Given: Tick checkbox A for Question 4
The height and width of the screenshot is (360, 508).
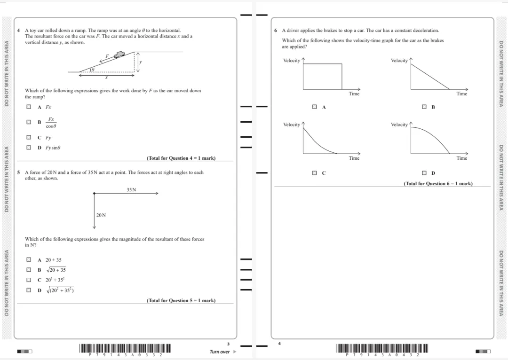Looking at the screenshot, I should tap(29, 107).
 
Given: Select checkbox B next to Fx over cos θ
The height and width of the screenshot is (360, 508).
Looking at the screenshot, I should tap(29, 122).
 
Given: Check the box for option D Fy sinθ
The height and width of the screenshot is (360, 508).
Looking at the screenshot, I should tap(29, 148).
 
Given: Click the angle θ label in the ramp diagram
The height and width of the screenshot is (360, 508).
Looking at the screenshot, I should tap(93, 69).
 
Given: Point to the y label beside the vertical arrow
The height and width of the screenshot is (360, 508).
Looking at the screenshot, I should tap(140, 62).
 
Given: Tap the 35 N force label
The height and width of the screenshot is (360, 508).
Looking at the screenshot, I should tap(131, 189).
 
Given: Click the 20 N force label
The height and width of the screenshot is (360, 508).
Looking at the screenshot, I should tap(101, 215).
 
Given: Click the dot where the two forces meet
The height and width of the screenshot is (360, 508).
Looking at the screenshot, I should tap(94, 193).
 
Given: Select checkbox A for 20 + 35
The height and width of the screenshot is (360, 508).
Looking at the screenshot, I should tap(29, 259).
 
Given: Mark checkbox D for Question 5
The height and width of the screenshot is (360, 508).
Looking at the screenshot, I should tap(29, 290).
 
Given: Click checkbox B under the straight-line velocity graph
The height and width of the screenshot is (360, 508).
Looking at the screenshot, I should tap(424, 107).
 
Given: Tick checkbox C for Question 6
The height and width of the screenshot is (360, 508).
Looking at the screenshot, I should tap(315, 173).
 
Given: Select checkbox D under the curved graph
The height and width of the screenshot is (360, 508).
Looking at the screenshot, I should tap(424, 173).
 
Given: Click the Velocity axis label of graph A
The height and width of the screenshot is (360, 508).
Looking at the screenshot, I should tap(292, 61).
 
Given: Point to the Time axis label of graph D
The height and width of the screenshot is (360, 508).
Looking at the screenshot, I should tap(461, 158).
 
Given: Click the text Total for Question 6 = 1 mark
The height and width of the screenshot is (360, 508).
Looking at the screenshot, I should tap(438, 183).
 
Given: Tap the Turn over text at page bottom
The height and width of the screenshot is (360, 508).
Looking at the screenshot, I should tap(220, 352).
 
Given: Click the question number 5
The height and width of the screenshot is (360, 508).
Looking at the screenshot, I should tap(18, 172).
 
